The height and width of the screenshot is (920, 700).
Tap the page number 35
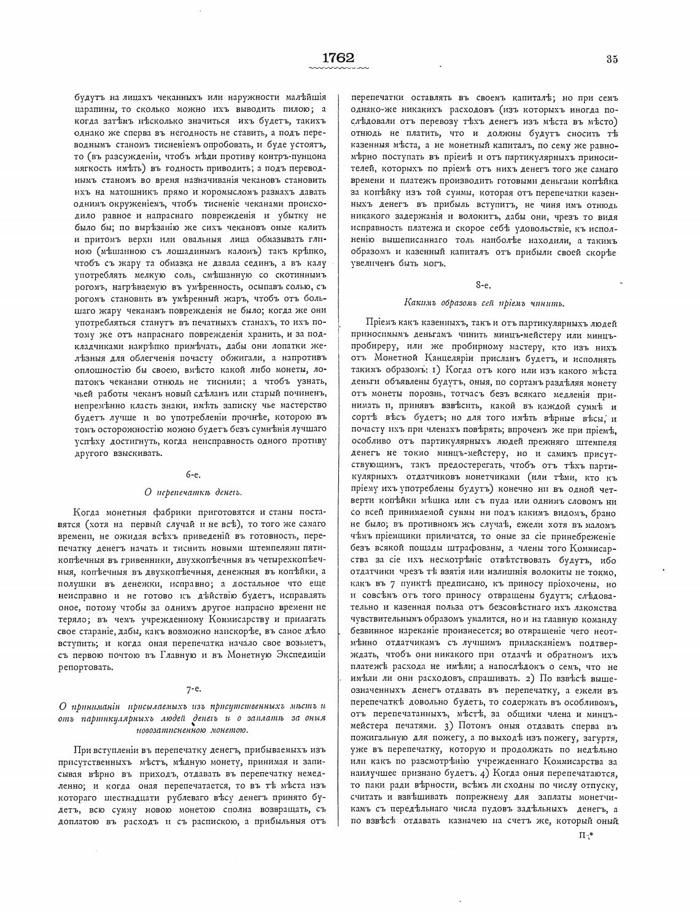(x=611, y=60)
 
